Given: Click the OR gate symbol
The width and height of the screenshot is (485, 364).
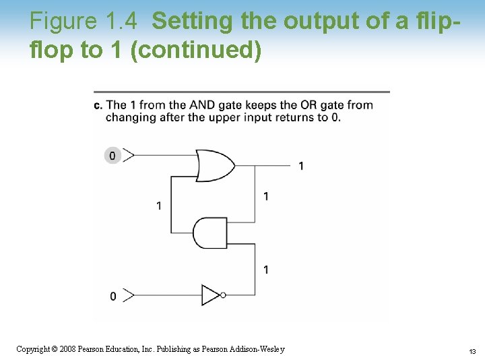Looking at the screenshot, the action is coord(214,165).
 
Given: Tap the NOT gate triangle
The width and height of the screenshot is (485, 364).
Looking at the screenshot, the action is coord(210,295).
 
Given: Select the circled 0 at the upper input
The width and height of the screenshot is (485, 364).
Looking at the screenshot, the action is coord(112,156).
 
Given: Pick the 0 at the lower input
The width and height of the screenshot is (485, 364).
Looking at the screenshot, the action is coord(112,296).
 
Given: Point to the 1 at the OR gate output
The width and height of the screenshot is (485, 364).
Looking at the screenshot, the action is coord(300,166).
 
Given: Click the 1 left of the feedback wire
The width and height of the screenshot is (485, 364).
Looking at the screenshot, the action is coord(159,205).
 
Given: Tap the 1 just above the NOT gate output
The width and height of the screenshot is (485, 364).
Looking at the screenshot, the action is coord(267,270).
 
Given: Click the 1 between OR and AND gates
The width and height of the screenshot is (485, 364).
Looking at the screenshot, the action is coord(267,196).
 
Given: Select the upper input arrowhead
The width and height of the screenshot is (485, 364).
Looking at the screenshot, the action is coord(128,156).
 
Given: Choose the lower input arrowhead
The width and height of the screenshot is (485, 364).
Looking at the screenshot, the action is coord(128,295).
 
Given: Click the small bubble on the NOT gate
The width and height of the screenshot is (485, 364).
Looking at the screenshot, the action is coord(223,295).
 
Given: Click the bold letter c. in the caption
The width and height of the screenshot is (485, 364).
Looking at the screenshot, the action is coord(98,104).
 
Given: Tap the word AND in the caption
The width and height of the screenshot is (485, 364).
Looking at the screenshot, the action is coord(202,104).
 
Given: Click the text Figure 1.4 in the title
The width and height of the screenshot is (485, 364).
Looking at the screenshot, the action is coord(84,22).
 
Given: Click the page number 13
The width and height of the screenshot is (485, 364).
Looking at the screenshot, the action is coord(472,351).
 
